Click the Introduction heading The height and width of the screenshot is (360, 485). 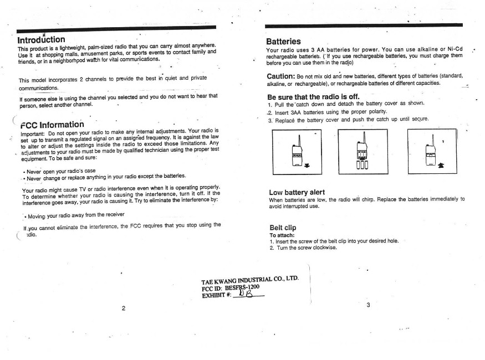42,40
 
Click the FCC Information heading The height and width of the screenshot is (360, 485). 52,124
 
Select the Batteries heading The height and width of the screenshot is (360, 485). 283,42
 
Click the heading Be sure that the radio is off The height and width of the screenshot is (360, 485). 318,96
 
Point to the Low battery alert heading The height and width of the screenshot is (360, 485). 297,192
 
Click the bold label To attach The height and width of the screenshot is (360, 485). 281,235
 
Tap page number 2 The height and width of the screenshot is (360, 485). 123,308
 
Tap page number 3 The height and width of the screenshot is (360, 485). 367,306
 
